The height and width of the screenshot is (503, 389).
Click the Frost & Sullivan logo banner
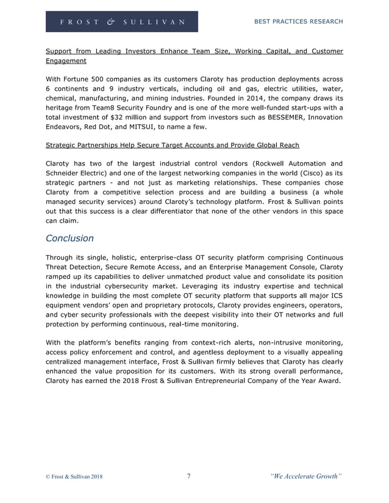tap(122, 21)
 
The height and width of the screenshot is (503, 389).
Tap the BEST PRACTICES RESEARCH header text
tap(298, 21)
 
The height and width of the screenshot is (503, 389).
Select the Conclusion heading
tap(70, 238)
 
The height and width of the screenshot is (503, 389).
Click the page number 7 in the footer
tap(189, 476)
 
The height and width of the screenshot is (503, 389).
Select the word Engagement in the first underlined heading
tap(66, 61)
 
